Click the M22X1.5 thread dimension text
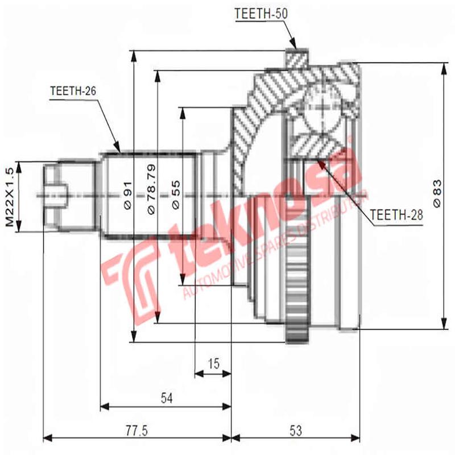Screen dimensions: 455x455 9,197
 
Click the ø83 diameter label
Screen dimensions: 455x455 437,194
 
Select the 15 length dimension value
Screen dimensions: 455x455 213,363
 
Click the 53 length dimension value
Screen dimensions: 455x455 295,430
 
